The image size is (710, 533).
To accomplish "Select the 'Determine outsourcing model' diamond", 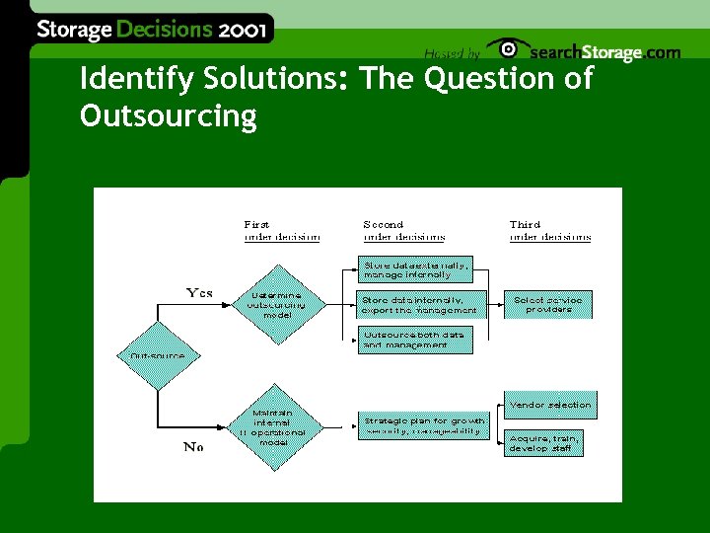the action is (277, 304).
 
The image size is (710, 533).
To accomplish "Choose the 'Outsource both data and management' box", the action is (413, 340).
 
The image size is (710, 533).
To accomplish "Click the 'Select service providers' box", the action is (548, 304).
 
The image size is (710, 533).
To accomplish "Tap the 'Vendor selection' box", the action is (550, 405).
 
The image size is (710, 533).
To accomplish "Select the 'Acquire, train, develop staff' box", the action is (543, 442).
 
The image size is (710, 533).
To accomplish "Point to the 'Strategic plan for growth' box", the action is (423, 425).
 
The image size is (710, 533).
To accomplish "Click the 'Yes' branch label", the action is (199, 293).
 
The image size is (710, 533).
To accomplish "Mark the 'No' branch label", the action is (193, 447).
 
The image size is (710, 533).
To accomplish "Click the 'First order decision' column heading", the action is (282, 231).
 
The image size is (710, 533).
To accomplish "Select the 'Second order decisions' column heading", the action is (403, 231).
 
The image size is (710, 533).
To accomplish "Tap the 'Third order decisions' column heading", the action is (549, 231).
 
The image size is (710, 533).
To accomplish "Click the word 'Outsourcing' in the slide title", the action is (168, 116).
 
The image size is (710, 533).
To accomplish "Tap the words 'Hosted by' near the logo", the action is (452, 53).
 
